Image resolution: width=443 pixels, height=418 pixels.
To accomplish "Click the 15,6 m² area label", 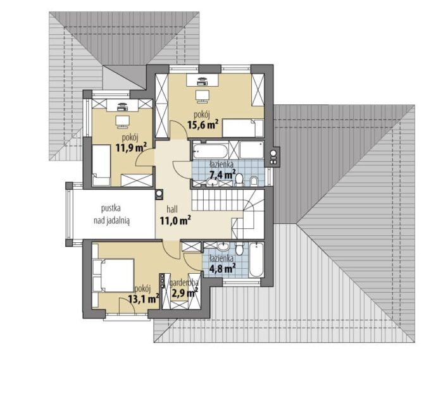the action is click(203, 125).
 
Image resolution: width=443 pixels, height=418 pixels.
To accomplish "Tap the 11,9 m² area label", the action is click(131, 147).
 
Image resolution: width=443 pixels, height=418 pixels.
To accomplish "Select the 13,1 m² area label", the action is click(144, 298).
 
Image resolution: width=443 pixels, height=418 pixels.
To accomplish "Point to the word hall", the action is click(172, 209).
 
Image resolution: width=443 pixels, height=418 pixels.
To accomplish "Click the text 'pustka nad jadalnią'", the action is click(111, 215).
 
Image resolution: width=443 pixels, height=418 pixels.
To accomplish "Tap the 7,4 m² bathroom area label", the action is click(223, 175).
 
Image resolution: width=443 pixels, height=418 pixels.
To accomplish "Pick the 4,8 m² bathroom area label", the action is click(222, 268).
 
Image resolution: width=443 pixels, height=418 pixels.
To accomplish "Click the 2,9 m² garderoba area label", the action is click(185, 293).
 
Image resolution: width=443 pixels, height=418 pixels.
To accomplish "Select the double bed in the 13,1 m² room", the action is click(113, 276).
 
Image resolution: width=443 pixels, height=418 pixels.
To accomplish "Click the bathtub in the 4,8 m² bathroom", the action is click(256, 260).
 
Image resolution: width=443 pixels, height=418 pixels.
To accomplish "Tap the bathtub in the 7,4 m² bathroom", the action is click(211, 151).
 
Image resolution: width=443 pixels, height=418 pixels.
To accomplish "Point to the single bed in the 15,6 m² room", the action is click(243, 128).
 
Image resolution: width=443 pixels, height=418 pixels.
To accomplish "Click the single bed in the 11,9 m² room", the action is click(101, 165).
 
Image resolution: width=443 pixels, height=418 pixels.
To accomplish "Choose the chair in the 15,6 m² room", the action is click(203, 96).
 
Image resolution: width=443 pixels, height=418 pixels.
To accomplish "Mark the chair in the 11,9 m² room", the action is click(122, 121).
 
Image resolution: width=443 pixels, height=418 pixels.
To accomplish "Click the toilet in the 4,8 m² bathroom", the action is click(240, 248).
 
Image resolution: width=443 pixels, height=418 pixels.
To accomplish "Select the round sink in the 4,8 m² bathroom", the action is click(223, 247).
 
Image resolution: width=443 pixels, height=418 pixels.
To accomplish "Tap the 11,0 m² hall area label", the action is click(175, 221).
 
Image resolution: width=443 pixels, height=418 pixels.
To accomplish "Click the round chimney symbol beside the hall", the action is click(159, 194).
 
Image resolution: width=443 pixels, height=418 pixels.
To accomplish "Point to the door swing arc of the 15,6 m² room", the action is click(181, 126).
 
